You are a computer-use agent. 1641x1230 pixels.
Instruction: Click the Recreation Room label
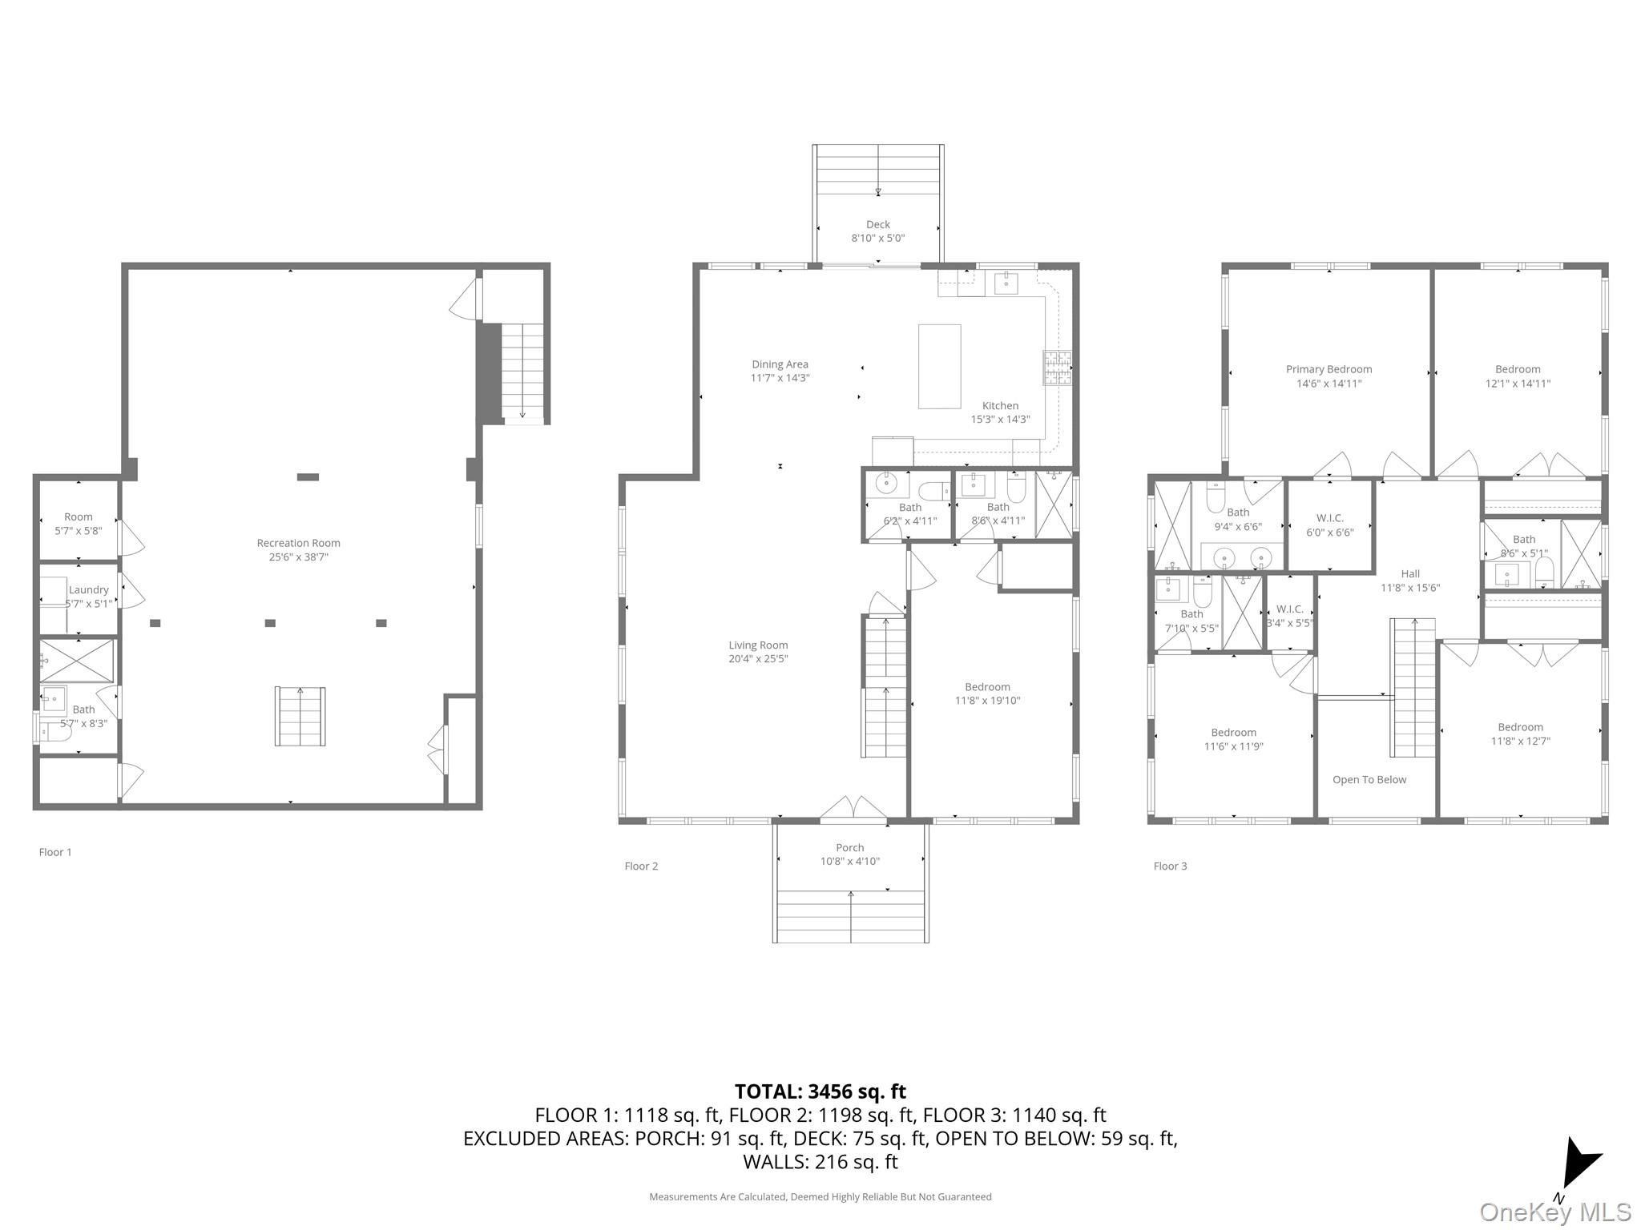pos(298,544)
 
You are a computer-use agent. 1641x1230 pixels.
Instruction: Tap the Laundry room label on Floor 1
pos(88,590)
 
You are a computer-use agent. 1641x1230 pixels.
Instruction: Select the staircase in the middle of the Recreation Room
pos(300,716)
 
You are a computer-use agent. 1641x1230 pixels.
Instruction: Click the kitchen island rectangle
pos(939,366)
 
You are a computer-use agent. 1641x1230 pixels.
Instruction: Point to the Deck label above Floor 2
pos(877,225)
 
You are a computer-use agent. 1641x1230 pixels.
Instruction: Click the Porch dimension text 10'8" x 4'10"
pos(849,862)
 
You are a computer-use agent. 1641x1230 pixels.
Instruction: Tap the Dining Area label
pos(780,365)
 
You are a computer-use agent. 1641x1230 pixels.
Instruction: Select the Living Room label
pos(758,645)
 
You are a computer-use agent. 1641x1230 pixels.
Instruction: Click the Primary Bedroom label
pos(1329,370)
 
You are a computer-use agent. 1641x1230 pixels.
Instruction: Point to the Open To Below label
pos(1369,780)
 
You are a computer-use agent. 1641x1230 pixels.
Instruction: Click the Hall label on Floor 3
pos(1410,574)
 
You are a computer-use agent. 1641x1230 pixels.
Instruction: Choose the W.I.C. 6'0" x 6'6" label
pos(1329,525)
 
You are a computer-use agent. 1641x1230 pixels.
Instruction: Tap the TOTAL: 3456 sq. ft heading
pos(820,1091)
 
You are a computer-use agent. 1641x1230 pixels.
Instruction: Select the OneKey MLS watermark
pos(1554,1212)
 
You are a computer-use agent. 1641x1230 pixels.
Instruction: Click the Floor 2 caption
pos(641,866)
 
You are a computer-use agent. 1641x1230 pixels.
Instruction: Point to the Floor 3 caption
pos(1170,866)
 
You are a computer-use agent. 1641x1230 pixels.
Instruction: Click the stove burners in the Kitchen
pos(1057,368)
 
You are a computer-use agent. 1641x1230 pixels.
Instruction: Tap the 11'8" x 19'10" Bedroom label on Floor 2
pos(987,694)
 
